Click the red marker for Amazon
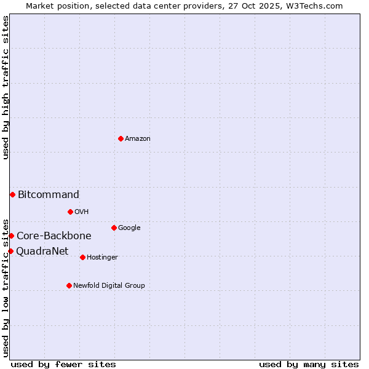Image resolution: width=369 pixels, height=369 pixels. coord(121,138)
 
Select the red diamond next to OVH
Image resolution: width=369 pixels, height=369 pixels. coord(70,212)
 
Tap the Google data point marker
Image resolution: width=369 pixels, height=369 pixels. coord(114,228)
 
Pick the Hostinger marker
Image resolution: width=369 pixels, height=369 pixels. coord(82,257)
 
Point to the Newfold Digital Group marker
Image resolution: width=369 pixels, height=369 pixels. coord(69,285)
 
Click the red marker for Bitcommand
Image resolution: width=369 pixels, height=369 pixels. coord(12,194)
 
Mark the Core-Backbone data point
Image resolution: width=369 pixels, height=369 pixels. coord(11,236)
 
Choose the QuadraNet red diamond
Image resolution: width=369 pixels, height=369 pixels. coord(10,251)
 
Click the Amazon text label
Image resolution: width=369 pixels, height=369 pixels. coord(138,139)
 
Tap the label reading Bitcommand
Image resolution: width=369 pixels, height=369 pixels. coord(49,195)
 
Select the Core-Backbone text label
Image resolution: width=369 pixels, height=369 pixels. coord(54,236)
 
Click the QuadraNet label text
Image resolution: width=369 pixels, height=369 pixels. coord(42,252)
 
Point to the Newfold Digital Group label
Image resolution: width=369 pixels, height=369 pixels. coord(109,285)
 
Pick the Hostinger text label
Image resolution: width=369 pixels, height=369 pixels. coord(102,257)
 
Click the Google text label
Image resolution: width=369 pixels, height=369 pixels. coord(129,228)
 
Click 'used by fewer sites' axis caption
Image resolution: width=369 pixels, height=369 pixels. coord(63,364)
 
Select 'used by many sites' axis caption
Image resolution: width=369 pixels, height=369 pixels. coord(309,364)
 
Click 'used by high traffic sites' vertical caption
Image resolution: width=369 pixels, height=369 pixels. coord(6,87)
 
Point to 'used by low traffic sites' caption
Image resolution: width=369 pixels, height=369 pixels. coord(6,287)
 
